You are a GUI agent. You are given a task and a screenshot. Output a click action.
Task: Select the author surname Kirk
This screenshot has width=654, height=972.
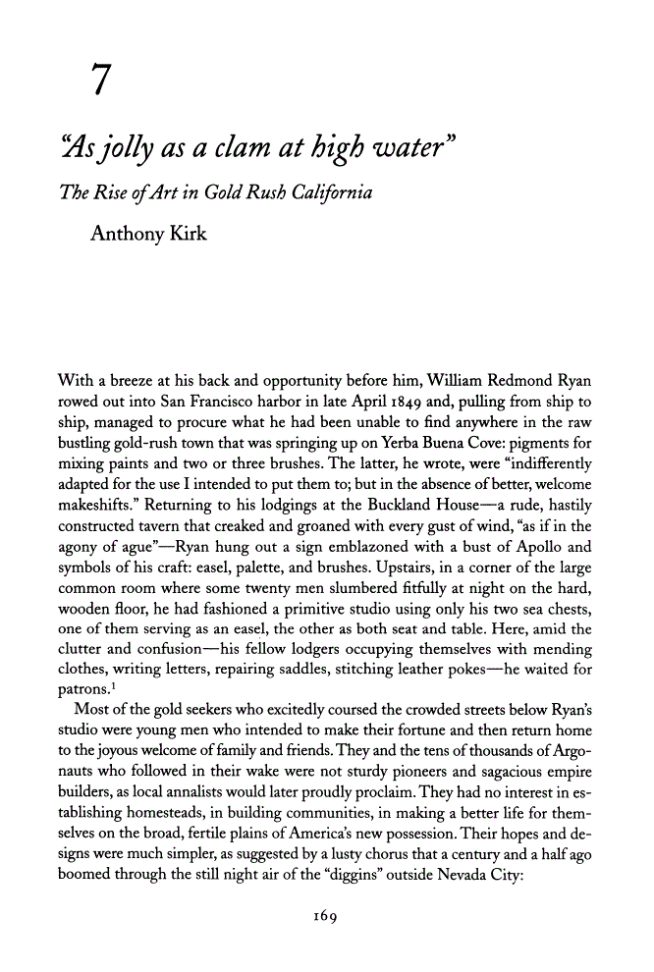point(185,234)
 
